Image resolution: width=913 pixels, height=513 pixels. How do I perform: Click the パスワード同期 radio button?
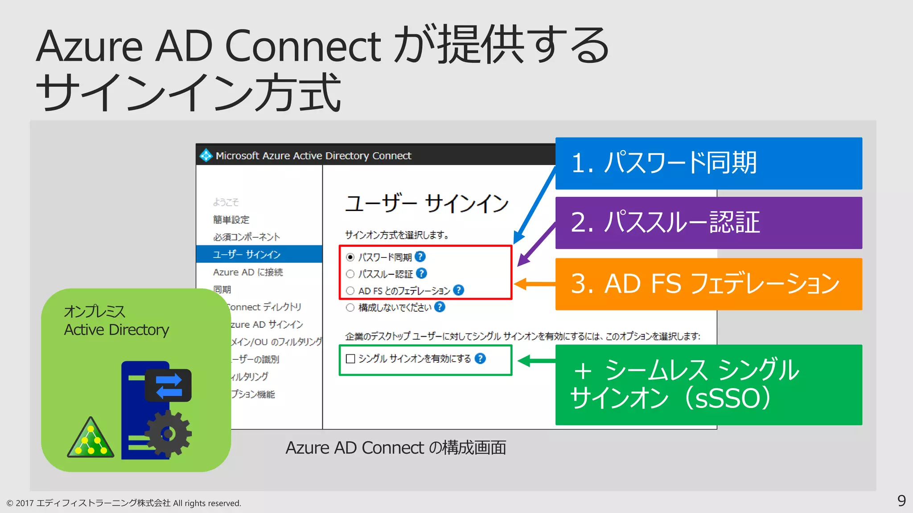pos(350,257)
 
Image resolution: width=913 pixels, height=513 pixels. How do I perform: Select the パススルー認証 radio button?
pos(350,274)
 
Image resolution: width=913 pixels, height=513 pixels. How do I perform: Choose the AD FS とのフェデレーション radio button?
pos(350,291)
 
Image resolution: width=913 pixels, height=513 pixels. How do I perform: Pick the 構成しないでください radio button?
pos(350,307)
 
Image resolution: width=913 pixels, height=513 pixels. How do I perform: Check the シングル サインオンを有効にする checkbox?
pos(350,359)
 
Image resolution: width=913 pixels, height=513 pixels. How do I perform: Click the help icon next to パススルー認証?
pos(421,273)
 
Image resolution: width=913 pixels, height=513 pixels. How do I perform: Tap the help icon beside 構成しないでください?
pos(440,307)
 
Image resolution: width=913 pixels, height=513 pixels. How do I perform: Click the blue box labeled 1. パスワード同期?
pos(708,163)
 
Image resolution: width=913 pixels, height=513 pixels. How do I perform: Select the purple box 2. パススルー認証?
pos(708,223)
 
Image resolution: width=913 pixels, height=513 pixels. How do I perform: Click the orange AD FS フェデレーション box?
pos(708,284)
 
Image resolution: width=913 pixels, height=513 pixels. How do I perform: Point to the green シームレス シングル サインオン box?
pos(708,384)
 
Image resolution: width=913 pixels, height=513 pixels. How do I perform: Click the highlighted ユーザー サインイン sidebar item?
pos(259,254)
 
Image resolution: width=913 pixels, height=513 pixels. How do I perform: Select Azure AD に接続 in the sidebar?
pos(248,272)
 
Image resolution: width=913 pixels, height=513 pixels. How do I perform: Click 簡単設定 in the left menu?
pos(231,220)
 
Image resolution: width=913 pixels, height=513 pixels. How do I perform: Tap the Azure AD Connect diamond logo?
pos(206,155)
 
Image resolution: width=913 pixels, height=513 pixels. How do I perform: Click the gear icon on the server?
pos(168,433)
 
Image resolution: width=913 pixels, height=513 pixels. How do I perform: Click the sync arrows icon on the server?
pos(169,385)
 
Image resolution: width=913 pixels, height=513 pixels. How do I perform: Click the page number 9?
pos(901,501)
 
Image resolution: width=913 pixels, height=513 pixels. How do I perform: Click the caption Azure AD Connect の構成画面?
pos(395,448)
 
